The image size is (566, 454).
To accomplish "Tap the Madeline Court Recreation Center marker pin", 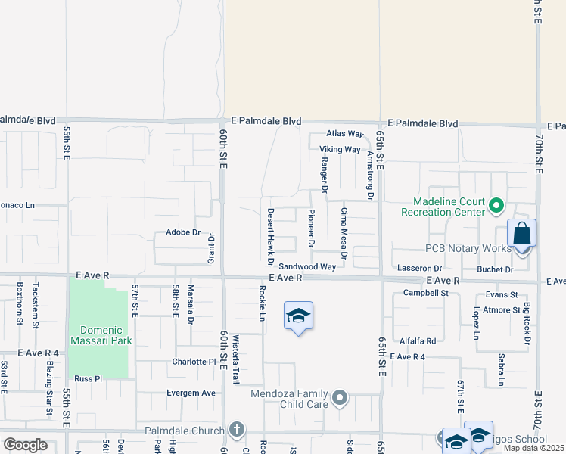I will coord(496,205).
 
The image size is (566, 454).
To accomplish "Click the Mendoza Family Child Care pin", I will coord(341,397).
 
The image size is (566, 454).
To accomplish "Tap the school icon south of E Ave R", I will coord(299,316).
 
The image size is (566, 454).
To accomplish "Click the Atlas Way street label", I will coord(346,134).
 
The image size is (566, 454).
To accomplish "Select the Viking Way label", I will coord(340,150).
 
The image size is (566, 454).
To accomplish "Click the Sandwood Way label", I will coord(306,266).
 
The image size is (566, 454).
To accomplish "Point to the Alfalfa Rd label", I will coord(418,341).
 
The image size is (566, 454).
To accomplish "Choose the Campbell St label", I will coord(426,292).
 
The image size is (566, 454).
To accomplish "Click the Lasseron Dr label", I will coord(420,269).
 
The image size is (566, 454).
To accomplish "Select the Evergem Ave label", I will coord(191,393).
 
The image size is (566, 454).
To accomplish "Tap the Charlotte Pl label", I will coord(194,362).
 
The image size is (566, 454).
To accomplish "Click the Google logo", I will coord(25,444).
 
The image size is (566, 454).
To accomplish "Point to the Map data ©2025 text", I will coord(533,448).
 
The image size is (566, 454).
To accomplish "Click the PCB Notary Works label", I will coord(468,249).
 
